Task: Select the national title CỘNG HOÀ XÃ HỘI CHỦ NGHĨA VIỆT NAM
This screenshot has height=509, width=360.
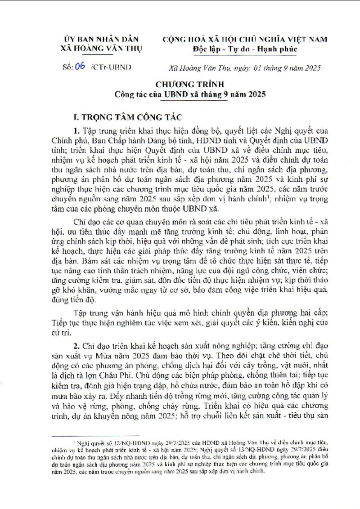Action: tap(251, 40)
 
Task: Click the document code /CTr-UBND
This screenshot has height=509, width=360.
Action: tap(110, 67)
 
